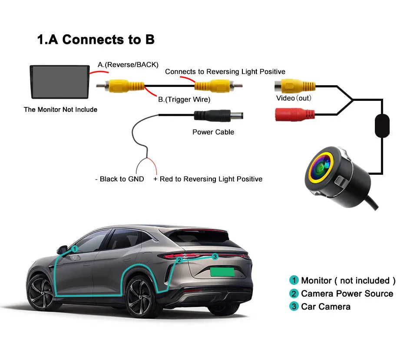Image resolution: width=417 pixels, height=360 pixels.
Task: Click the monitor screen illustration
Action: point(60,82)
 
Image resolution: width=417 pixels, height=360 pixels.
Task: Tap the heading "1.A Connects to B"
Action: point(96,40)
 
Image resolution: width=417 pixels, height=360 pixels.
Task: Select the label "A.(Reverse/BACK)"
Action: point(128,65)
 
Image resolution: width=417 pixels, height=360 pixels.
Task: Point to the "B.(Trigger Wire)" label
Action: point(184,100)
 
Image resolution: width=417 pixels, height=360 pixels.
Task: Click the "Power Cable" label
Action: point(213,132)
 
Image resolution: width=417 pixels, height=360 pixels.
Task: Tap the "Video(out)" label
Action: point(294,98)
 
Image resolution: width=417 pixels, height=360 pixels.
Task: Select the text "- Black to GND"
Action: point(119,179)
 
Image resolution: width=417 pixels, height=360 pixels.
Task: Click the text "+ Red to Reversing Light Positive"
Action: point(208,179)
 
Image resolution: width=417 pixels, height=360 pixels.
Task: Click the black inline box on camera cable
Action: point(383,126)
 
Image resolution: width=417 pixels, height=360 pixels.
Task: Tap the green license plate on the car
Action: point(222,272)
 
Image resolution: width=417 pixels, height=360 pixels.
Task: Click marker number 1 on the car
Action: point(75,249)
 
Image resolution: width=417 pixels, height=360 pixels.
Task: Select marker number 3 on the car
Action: point(215,257)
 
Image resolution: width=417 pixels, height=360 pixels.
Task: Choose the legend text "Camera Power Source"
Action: point(347,294)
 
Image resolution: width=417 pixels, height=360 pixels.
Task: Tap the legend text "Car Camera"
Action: point(325,307)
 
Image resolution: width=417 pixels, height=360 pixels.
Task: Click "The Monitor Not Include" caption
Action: point(60,110)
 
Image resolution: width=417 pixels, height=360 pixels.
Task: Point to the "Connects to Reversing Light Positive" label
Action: point(225,72)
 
